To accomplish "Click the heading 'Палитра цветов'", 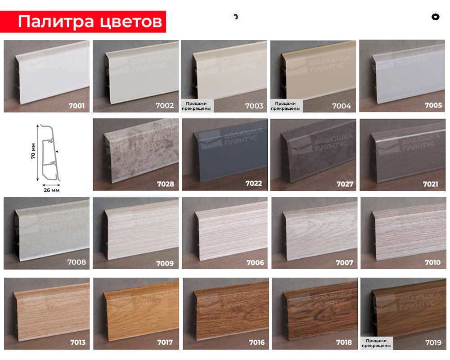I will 90,22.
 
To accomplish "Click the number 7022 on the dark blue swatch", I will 254,184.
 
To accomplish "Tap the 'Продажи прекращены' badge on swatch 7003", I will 196,106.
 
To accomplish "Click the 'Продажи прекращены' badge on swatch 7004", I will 286,106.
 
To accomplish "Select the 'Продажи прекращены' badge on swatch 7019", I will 377,343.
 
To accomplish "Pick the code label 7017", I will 165,342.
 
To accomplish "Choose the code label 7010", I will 432,262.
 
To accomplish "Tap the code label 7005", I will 433,106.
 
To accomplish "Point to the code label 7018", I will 343,342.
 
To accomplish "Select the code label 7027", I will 345,184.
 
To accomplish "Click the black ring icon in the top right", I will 435,17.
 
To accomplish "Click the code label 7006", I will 255,263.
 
